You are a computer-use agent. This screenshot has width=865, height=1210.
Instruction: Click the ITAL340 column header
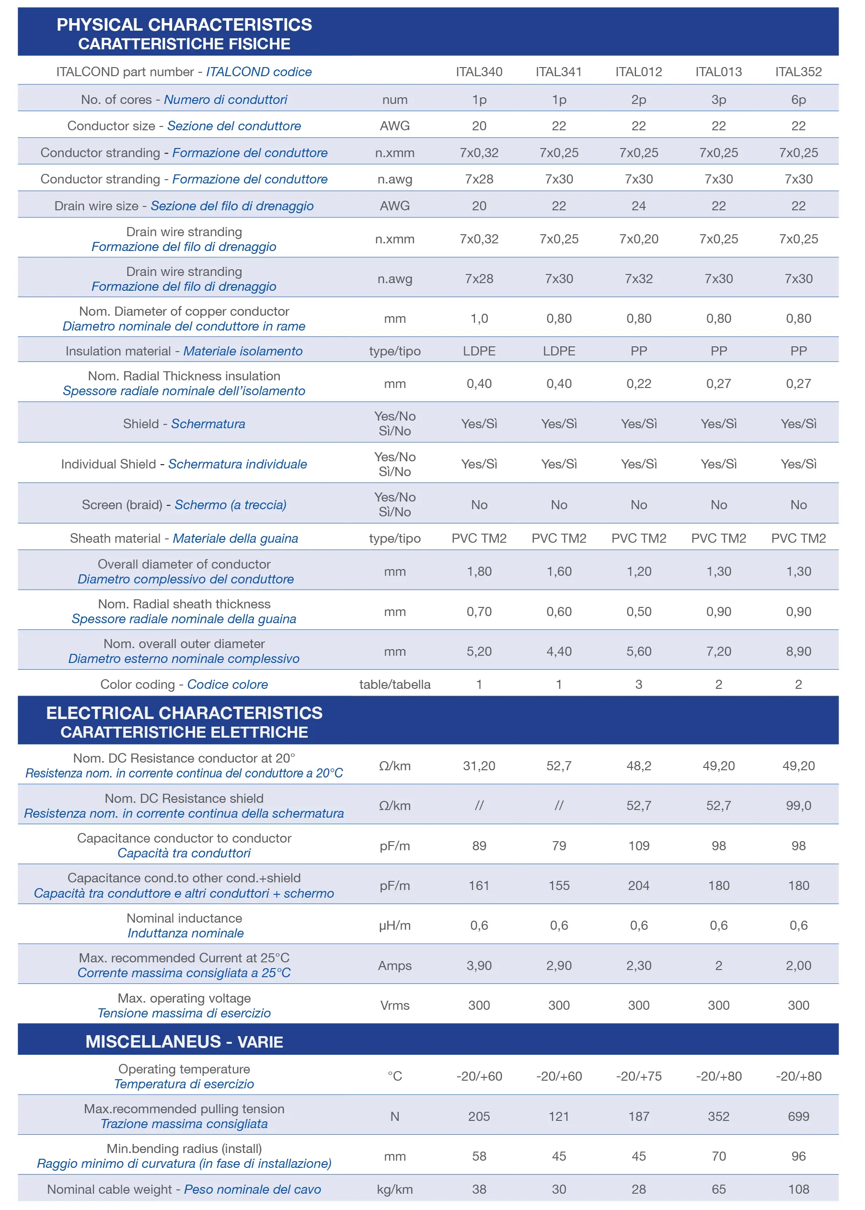[479, 72]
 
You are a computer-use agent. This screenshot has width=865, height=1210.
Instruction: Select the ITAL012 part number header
[639, 72]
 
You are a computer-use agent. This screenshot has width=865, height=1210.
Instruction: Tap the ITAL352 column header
[798, 72]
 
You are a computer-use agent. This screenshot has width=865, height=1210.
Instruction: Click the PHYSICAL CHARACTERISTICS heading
[185, 24]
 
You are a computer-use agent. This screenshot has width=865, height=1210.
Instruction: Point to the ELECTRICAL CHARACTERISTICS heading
[185, 713]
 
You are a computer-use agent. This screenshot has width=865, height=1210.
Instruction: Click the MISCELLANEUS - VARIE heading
[185, 1041]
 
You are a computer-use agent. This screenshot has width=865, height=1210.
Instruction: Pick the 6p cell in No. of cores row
[798, 100]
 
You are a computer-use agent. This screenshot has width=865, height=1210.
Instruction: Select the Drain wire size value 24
[639, 205]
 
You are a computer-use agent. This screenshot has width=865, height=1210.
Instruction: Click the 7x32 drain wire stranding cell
[639, 278]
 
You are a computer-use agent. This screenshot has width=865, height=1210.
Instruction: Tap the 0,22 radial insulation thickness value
[639, 383]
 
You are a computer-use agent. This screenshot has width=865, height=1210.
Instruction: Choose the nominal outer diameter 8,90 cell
[798, 651]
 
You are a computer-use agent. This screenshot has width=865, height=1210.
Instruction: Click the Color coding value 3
[639, 684]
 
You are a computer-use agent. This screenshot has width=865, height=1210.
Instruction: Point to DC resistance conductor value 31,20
[479, 765]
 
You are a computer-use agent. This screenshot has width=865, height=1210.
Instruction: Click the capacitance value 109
[639, 845]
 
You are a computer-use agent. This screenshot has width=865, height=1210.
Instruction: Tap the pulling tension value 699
[798, 1116]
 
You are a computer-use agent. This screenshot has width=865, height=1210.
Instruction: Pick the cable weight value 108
[798, 1189]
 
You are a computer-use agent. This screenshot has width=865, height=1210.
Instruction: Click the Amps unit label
[395, 966]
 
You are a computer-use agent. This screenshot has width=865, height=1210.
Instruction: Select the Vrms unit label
[395, 1005]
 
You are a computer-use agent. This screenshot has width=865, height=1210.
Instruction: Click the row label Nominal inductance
[185, 918]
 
